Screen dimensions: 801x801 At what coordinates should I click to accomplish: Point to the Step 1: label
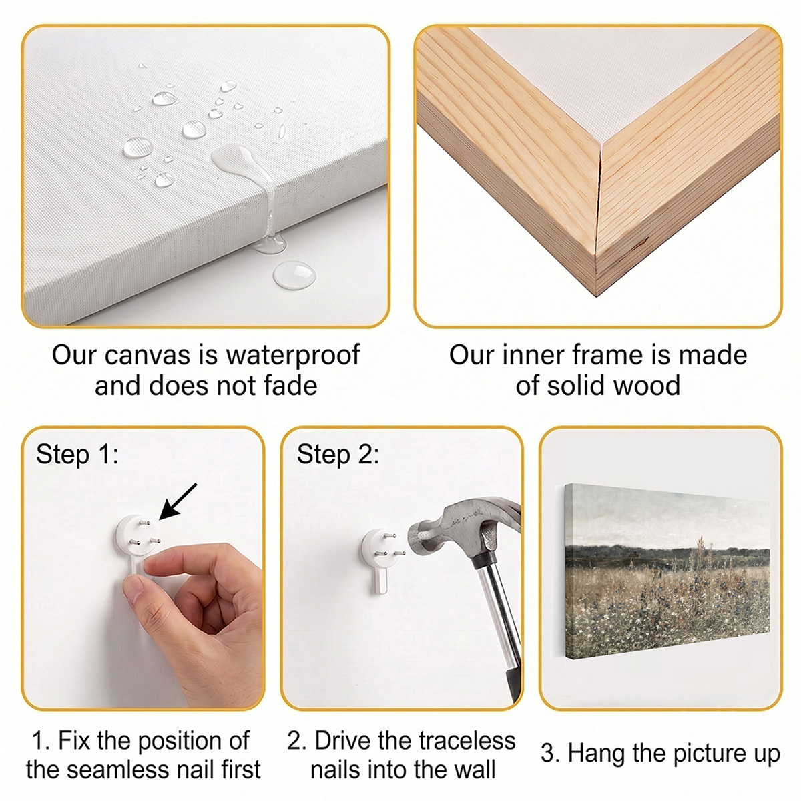[77, 454]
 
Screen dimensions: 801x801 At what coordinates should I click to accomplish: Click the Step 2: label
[338, 454]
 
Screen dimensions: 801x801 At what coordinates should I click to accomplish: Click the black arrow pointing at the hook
[178, 501]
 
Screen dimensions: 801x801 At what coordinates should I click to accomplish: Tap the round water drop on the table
[294, 275]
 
